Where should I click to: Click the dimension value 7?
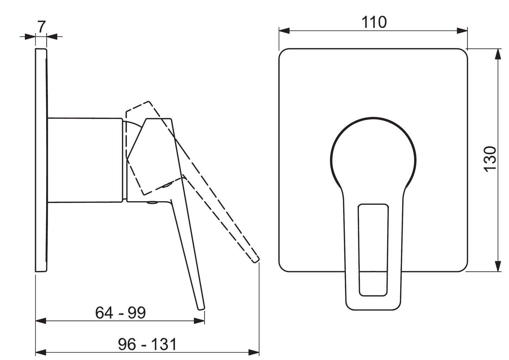coord(41,27)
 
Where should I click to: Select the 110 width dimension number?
coord(374,22)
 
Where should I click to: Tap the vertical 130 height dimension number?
coord(490,159)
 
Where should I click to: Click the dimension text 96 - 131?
coord(147,344)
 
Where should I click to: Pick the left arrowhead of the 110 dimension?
coord(284,31)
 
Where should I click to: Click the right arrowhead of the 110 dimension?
coord(462,31)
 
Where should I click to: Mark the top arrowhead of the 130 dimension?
coord(498,54)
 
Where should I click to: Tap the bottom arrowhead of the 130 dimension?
coord(498,266)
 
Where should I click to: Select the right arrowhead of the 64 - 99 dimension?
coord(199,321)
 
